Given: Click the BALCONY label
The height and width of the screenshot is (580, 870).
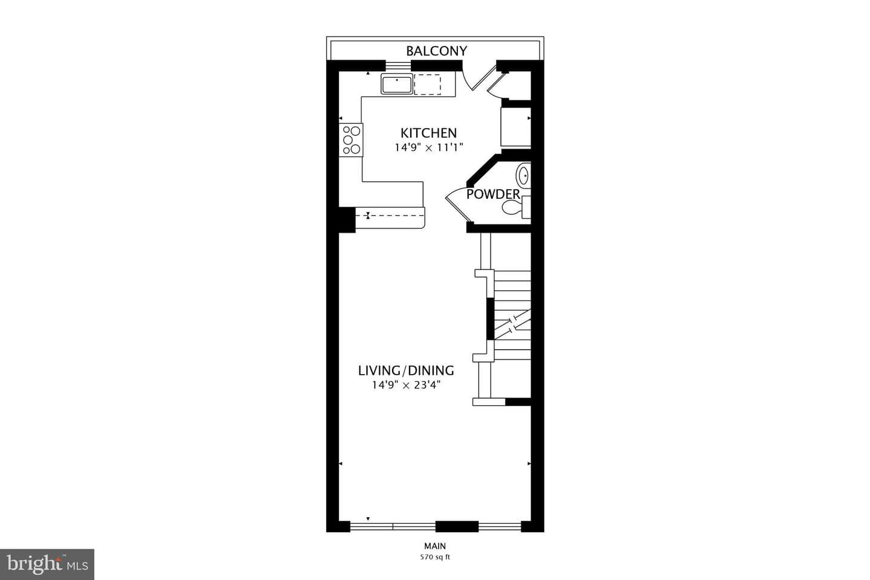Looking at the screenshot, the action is point(436,51).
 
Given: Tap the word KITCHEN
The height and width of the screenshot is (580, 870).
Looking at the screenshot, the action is point(428,134).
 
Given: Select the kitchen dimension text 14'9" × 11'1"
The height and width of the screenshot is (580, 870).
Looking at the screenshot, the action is point(429,147).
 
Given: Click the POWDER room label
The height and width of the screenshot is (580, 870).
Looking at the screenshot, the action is point(493,195).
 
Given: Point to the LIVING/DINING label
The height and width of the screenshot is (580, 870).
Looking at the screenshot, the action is point(406,370).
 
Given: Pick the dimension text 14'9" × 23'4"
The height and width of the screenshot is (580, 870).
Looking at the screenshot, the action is point(406,385).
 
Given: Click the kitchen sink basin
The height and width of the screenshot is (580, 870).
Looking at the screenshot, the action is point(396,84).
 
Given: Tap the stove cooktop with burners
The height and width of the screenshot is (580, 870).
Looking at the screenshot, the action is point(351,140).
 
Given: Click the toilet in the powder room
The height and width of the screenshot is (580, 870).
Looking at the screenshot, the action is point(516,207).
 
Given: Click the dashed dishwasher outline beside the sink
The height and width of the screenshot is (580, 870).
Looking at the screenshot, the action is point(427,85).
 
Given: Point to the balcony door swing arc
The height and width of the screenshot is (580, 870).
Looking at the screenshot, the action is point(466,82).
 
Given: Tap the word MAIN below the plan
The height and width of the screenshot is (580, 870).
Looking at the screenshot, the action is point(435,546).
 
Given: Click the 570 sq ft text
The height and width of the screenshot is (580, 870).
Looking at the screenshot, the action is point(435,557).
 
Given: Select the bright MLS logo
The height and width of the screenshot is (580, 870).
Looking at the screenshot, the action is point(47,564).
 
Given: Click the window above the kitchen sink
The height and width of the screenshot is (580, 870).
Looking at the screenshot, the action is point(398,66).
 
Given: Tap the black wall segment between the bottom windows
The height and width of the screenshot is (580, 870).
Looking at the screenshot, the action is point(457,526).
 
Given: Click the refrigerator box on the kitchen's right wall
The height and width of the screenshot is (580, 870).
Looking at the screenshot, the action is point(516,127).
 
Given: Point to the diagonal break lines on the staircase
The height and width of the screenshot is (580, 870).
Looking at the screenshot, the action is point(513,324).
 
